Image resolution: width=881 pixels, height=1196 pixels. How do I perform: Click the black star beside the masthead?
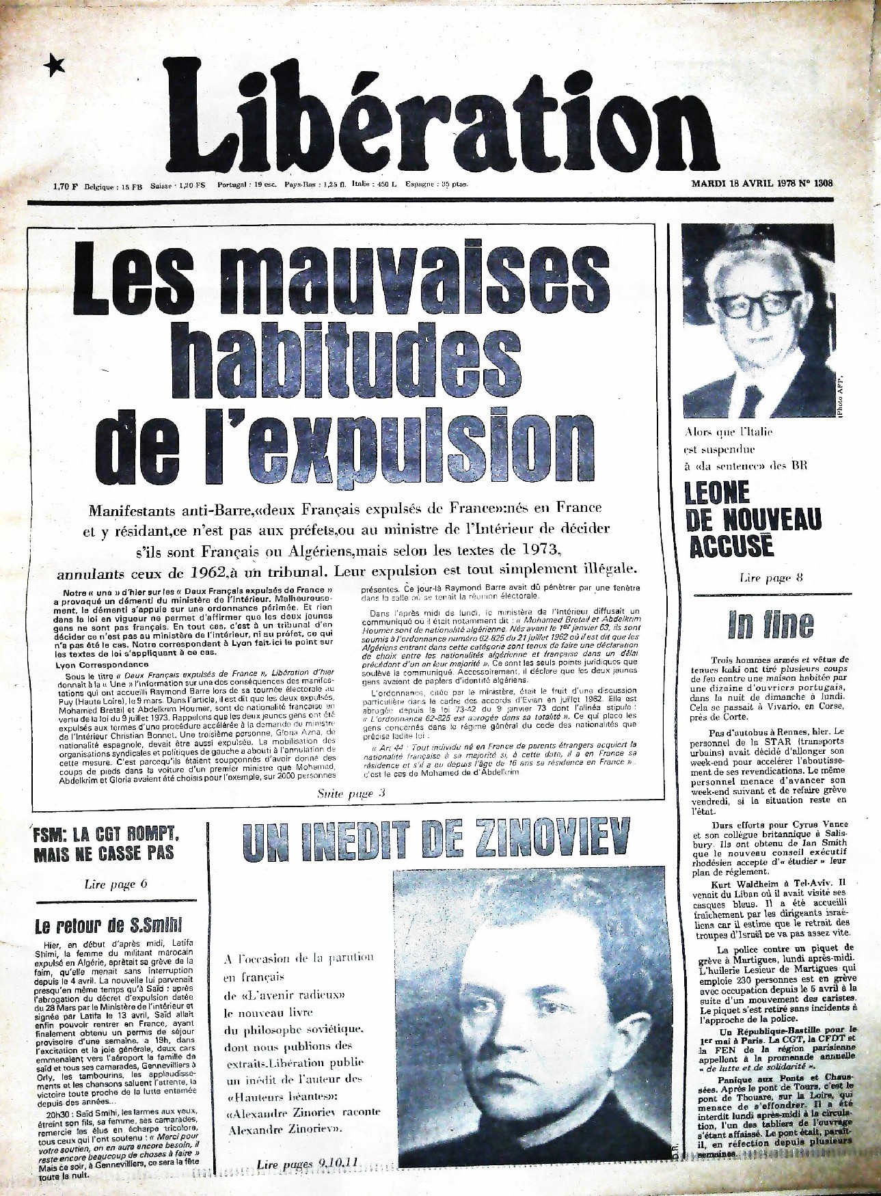click(53, 66)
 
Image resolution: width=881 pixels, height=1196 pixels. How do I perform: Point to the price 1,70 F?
click(66, 185)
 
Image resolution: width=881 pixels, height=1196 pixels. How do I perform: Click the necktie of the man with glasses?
click(751, 400)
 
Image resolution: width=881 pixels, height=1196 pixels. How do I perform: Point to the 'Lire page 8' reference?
click(770, 578)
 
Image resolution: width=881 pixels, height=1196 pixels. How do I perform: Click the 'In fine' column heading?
click(770, 623)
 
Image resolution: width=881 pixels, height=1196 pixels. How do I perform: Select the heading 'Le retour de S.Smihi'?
click(109, 926)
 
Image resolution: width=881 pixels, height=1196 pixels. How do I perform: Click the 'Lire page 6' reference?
click(116, 884)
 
